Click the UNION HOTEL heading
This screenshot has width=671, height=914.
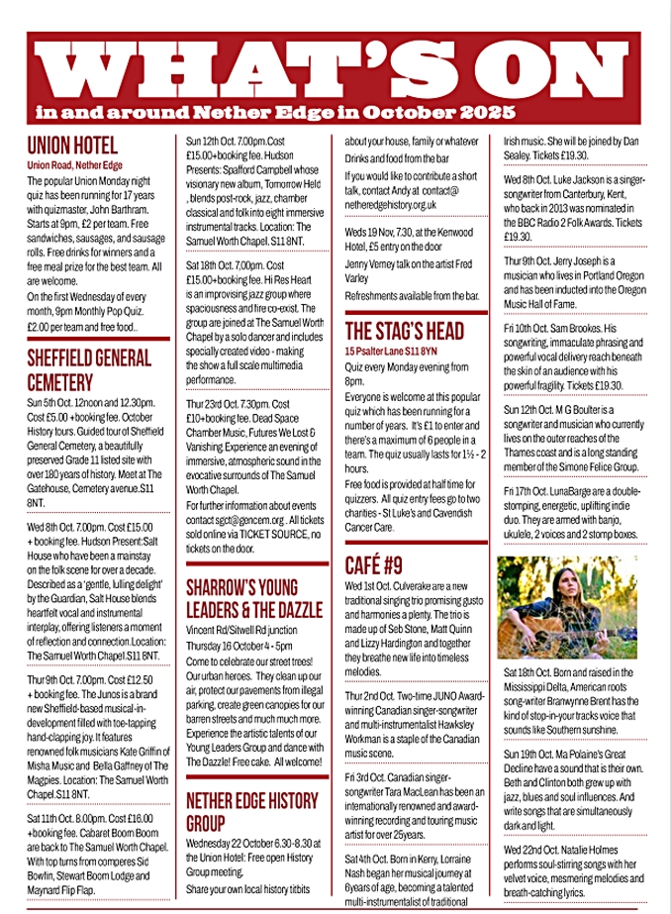(72, 145)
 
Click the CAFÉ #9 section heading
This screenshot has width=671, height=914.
(374, 565)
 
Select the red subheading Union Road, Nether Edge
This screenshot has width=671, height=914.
(75, 164)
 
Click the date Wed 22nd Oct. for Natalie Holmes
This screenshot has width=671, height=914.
(535, 850)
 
